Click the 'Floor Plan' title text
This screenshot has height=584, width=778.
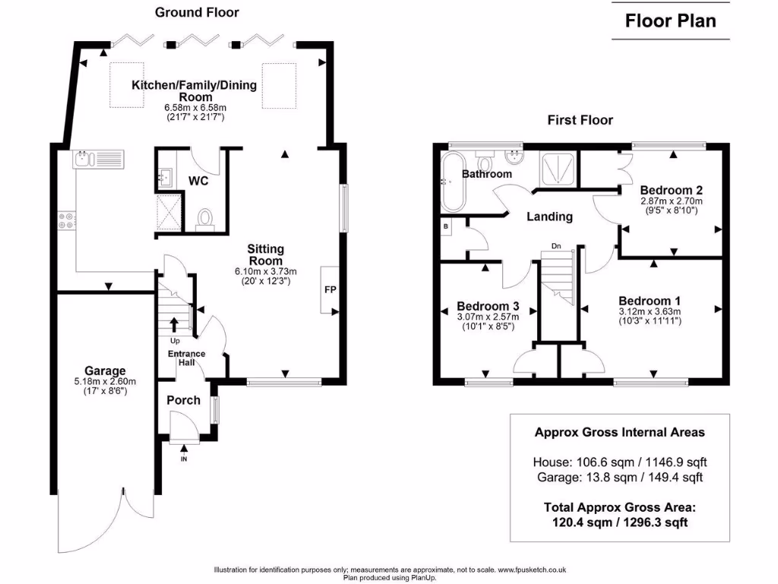coord(670,21)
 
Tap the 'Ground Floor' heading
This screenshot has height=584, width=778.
coord(197,12)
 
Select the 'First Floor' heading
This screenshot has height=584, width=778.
coord(580,120)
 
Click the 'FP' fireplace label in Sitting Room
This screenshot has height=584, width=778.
coord(330,290)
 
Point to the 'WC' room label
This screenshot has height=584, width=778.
coord(200,182)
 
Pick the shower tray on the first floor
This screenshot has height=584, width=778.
coord(557,168)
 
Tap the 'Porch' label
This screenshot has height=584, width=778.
coord(183,400)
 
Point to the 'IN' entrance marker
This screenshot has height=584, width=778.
coord(183,459)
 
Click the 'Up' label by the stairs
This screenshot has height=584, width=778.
coord(174,341)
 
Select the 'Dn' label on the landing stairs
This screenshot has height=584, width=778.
coord(556,246)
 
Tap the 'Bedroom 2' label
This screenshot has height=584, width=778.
coord(670,190)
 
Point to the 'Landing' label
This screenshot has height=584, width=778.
coord(550,217)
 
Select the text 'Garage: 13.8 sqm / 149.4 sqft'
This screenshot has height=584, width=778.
coord(619,478)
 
